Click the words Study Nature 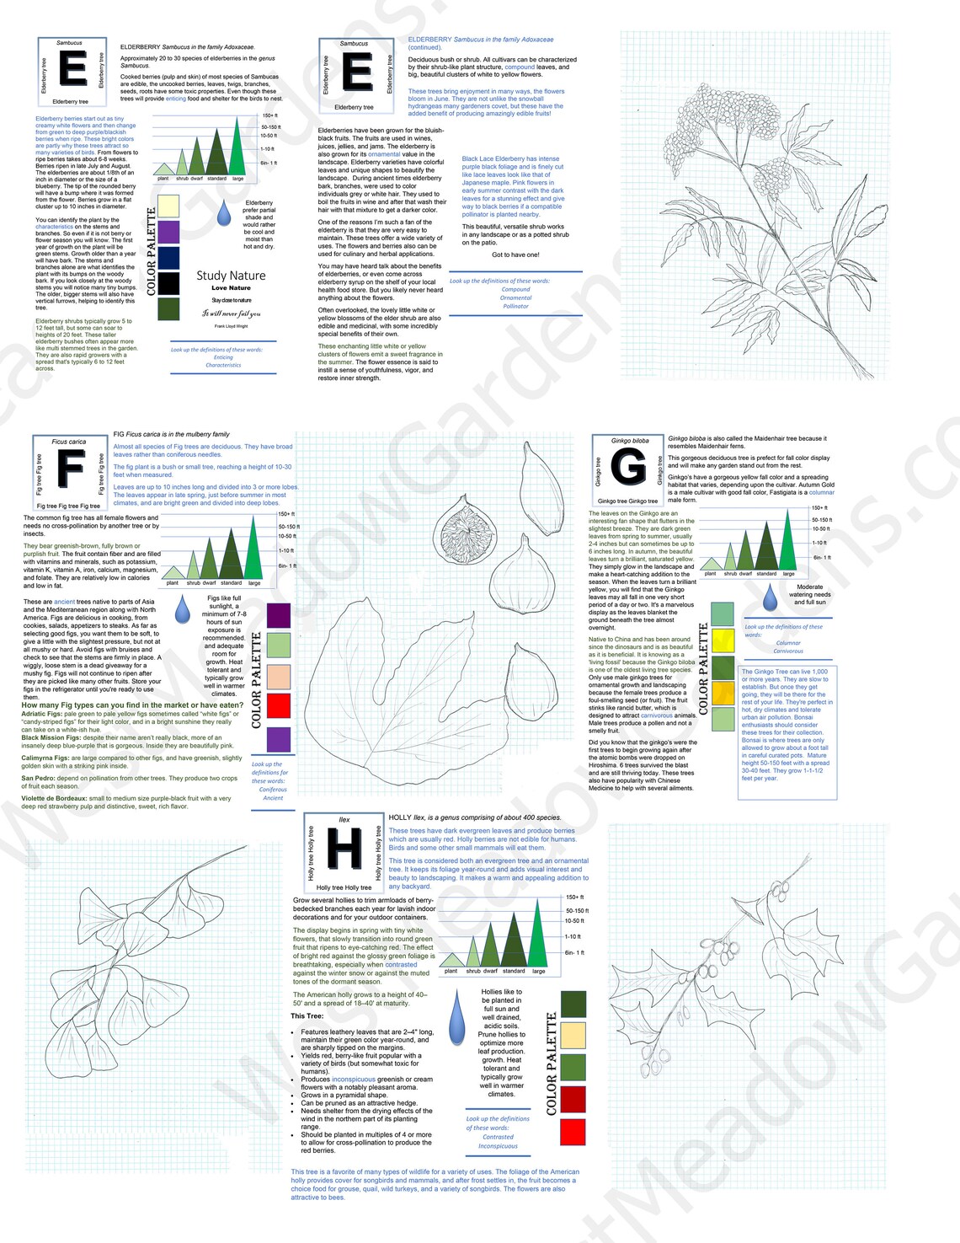(x=231, y=276)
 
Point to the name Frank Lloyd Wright (x=231, y=326)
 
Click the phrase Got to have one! (x=515, y=254)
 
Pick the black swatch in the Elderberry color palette (x=168, y=283)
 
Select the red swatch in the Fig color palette (x=279, y=705)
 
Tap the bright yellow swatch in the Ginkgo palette (x=723, y=640)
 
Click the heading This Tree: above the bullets (x=307, y=1015)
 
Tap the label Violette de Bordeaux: (x=54, y=798)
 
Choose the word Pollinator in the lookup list (x=515, y=306)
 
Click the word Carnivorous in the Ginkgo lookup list (x=788, y=651)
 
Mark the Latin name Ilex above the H (x=344, y=819)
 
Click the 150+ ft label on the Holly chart (x=574, y=897)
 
